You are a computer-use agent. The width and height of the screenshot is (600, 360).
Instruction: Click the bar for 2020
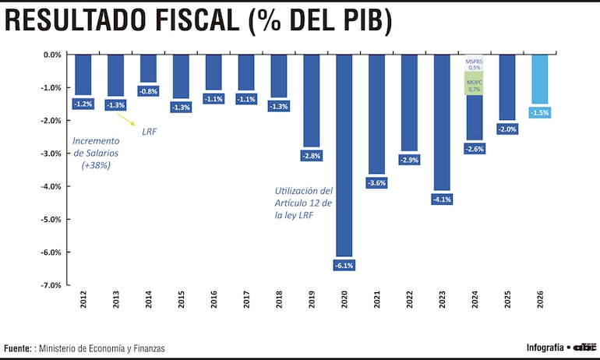pos(344,156)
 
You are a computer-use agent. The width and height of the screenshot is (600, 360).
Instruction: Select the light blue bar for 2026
pos(539,79)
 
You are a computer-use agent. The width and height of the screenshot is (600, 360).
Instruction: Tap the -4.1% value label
pos(442,199)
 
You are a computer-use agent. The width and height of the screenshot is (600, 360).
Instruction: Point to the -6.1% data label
pos(344,266)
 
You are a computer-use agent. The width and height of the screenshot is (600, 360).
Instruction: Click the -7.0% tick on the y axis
pos(51,285)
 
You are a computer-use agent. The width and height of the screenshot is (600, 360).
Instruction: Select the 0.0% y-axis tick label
pos(51,55)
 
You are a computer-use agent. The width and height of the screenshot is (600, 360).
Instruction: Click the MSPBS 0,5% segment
pos(475,63)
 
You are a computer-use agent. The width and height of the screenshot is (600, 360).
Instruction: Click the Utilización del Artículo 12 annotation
pos(304,203)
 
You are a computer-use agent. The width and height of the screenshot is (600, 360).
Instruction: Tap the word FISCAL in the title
pos(182,21)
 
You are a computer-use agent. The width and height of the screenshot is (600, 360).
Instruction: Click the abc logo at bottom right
pos(586,347)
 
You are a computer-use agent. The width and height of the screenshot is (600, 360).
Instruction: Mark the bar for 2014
pos(148,69)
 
